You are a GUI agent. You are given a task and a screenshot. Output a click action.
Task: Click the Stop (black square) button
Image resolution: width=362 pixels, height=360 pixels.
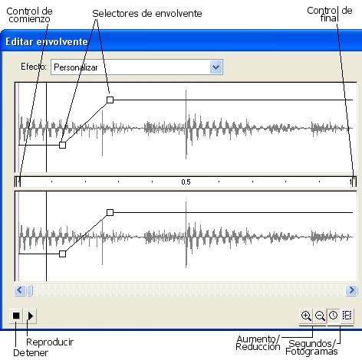tap(16, 316)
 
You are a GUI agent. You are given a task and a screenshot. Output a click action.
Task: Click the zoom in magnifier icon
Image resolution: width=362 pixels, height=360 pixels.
tap(306, 316)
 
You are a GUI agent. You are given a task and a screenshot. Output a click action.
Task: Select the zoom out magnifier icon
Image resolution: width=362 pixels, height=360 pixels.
tap(320, 316)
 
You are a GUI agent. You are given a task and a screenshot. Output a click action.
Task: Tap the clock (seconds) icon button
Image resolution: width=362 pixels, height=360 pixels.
tap(334, 316)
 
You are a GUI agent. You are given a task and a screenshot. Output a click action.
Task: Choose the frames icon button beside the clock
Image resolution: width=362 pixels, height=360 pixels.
tap(347, 316)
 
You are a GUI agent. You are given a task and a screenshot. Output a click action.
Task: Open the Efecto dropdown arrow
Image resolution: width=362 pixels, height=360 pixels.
tap(216, 67)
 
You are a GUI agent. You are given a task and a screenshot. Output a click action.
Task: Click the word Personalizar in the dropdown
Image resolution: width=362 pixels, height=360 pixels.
tap(76, 67)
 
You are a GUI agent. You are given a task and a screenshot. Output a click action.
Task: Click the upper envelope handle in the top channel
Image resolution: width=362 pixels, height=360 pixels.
tap(110, 100)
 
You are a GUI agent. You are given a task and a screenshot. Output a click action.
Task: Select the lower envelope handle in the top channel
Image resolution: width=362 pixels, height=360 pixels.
tap(62, 145)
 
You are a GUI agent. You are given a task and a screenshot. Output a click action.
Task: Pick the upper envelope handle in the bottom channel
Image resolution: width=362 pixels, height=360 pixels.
tap(110, 212)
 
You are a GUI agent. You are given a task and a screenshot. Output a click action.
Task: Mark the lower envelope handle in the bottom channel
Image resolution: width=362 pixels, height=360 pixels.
tap(62, 254)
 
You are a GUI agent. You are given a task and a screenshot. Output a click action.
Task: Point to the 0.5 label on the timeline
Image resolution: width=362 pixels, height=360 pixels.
tap(186, 182)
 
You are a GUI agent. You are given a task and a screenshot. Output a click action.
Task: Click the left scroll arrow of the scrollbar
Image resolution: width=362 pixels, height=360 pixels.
tap(20, 290)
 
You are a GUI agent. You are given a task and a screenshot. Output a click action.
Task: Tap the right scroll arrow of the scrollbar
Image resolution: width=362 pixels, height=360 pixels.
tap(351, 290)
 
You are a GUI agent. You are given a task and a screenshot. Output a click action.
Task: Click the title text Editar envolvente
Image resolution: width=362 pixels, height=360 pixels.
tap(47, 41)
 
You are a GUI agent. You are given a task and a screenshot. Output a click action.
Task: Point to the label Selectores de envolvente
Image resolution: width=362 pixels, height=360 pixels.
tap(147, 14)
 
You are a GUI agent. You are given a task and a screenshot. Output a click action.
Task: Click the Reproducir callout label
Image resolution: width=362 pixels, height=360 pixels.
tap(50, 342)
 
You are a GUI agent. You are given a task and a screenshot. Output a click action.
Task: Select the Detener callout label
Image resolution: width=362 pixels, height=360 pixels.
tap(31, 353)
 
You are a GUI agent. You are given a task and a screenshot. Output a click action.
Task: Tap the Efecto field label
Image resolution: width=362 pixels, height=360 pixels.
tap(34, 67)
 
